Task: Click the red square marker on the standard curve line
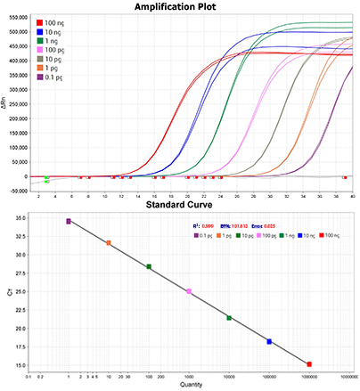coord(309,364)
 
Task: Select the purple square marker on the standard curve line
coord(69,222)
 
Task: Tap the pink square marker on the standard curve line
coord(189,291)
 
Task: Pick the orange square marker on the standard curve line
coord(109,242)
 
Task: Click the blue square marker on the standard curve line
coord(269,341)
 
